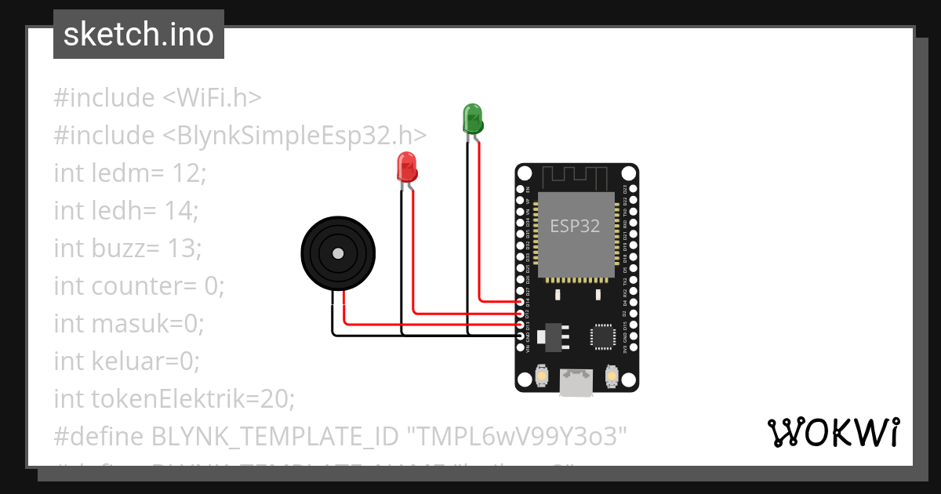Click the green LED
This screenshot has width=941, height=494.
473,118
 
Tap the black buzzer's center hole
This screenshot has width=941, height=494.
338,253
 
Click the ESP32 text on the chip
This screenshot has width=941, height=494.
575,227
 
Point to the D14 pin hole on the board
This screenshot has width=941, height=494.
521,302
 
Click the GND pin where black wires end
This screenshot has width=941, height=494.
521,336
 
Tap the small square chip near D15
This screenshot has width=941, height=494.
602,336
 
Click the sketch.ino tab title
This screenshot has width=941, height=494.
139,35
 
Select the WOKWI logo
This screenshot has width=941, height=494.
834,432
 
